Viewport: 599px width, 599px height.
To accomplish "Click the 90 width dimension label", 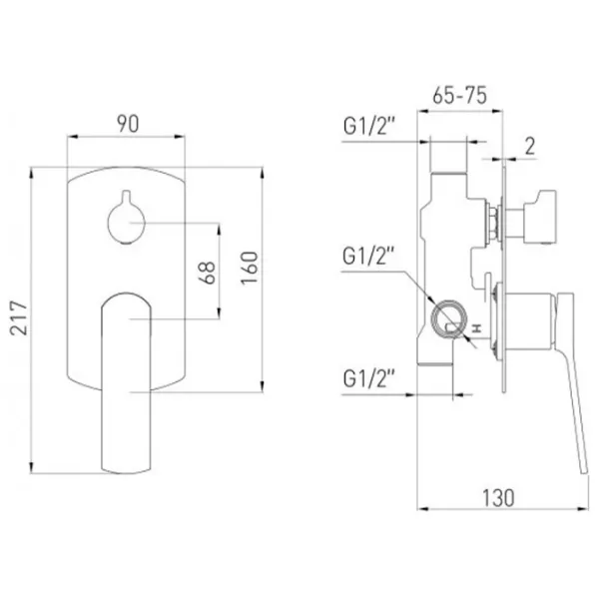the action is [x=128, y=124].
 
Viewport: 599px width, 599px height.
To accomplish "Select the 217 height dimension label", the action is [x=19, y=318].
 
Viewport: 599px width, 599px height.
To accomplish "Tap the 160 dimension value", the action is [x=250, y=268].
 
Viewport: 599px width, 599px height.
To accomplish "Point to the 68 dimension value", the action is [x=208, y=273].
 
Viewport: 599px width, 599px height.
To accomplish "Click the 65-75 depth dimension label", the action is [x=459, y=95].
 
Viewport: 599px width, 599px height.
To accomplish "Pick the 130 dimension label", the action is [x=498, y=498].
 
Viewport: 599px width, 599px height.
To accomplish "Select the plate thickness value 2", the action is [x=530, y=146].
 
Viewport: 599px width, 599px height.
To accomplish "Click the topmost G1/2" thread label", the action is [x=368, y=126].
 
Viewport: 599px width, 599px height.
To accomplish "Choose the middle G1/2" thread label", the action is [x=367, y=256].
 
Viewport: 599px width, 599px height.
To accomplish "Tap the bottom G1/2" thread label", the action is [x=368, y=378].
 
